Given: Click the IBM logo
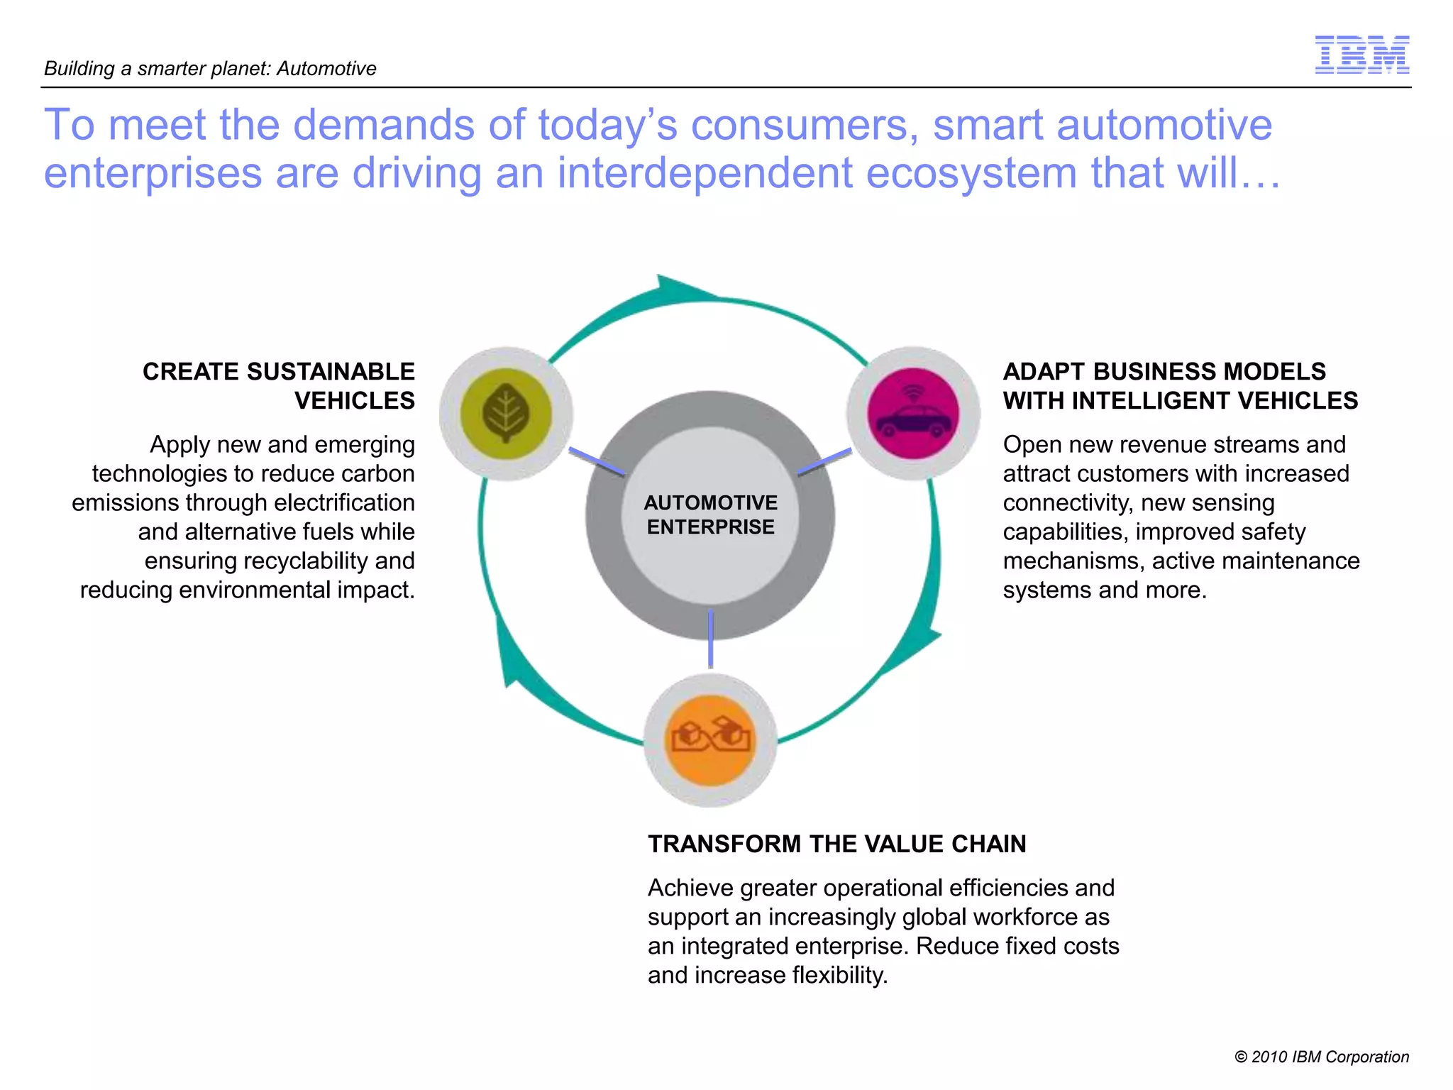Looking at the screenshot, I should pyautogui.click(x=1361, y=55).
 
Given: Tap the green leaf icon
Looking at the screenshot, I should pyautogui.click(x=505, y=413).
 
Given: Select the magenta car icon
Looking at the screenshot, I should pyautogui.click(x=913, y=413).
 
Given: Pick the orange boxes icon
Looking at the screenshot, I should pyautogui.click(x=710, y=739).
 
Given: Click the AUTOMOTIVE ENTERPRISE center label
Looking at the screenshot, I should pyautogui.click(x=710, y=514).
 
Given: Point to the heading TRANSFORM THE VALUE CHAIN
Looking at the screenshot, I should pyautogui.click(x=836, y=844).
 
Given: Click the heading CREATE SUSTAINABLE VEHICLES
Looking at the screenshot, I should pyautogui.click(x=279, y=385).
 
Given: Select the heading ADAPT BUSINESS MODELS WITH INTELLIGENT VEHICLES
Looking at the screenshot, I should pyautogui.click(x=1180, y=385).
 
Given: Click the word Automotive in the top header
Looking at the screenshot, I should pyautogui.click(x=326, y=69).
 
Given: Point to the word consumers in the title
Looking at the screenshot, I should pyautogui.click(x=800, y=126).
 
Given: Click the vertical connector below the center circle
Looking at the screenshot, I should pyautogui.click(x=710, y=638).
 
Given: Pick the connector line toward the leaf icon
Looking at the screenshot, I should pyautogui.click(x=596, y=462).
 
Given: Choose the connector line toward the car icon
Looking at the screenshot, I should pyautogui.click(x=824, y=461).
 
